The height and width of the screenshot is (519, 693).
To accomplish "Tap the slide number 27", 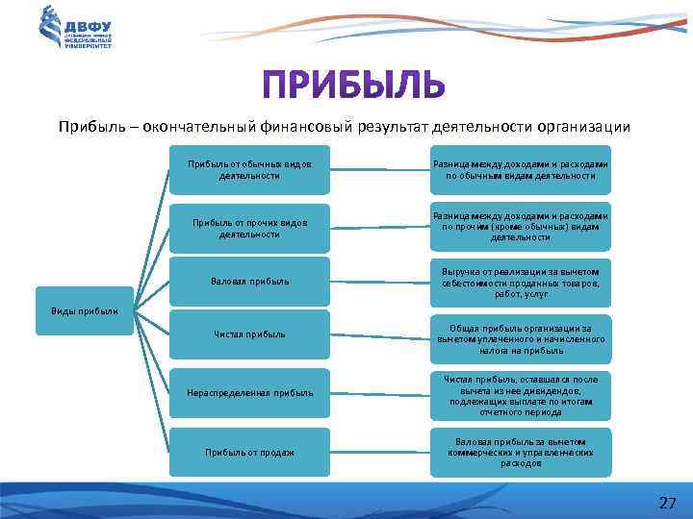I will pos(667,503).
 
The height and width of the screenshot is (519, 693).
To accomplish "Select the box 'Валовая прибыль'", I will pos(249,282).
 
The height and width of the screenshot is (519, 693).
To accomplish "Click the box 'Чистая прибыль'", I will pos(249,334).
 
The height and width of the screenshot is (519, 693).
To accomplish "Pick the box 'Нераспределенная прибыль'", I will pos(249,393).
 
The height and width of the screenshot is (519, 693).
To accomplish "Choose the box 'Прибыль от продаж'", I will pos(249,452).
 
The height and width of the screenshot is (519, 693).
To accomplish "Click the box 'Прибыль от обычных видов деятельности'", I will pos(249,170).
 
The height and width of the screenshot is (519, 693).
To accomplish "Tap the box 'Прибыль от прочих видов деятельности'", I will pos(249,228).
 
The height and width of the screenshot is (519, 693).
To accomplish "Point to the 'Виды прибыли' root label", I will pos(85,310).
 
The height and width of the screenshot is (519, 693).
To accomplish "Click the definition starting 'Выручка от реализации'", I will pos(521,283).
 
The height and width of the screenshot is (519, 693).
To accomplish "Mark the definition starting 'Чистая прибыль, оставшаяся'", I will pos(521,394).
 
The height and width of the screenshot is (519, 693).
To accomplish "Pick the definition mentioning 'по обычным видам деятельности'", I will pos(521,170).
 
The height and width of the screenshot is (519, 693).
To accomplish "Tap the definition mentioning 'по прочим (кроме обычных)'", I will pos(521,227).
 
